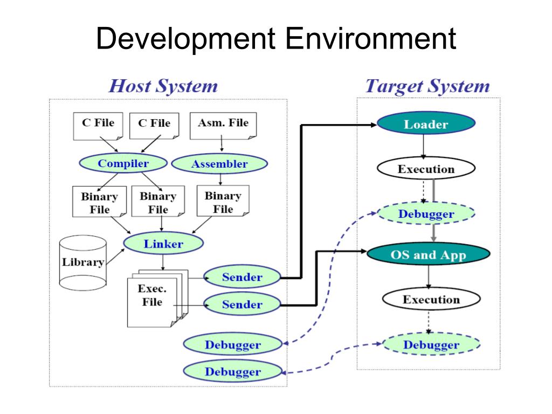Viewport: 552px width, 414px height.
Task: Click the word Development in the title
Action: (185, 40)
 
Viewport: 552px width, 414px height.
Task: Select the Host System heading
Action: (163, 86)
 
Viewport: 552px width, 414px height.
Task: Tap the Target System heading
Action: (427, 86)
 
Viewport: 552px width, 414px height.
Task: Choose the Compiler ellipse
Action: (123, 163)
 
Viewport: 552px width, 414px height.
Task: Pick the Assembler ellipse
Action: (219, 164)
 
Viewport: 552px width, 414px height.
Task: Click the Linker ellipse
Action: (163, 244)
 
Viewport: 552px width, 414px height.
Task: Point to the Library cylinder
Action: (82, 263)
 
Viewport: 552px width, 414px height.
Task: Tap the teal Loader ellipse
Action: (426, 125)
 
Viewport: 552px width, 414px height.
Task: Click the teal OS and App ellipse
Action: (428, 254)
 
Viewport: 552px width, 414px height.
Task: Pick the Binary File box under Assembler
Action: (223, 203)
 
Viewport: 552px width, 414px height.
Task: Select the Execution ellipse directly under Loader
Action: (426, 169)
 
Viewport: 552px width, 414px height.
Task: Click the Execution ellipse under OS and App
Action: (431, 300)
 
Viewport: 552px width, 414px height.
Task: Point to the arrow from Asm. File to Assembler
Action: (222, 146)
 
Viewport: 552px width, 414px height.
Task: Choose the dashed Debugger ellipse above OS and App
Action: (426, 214)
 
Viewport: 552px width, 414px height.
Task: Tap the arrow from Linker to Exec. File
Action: (163, 262)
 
